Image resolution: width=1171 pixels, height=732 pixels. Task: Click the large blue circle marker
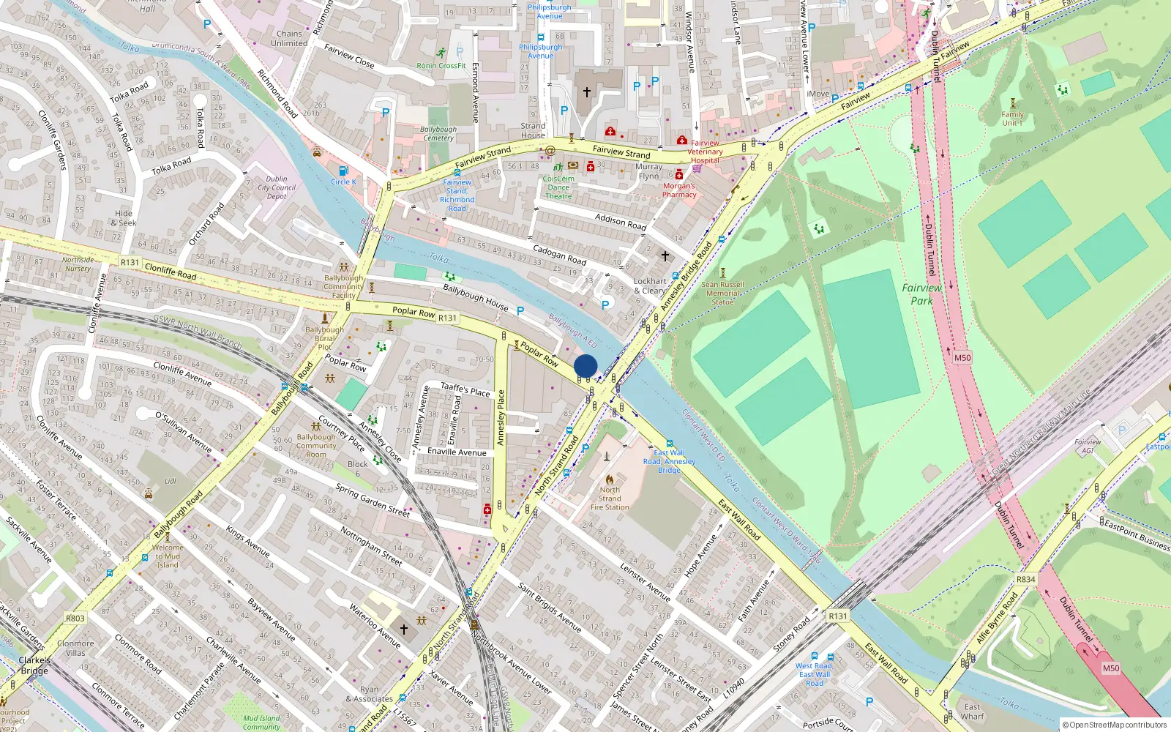(x=585, y=366)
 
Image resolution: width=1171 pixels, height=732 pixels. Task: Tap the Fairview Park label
(x=921, y=294)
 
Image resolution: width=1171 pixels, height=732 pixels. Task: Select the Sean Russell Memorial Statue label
(x=722, y=293)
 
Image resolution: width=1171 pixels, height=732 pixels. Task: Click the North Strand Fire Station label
(x=610, y=498)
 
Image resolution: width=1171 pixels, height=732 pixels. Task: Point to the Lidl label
(x=171, y=482)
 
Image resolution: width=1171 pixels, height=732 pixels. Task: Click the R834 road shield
(x=1025, y=579)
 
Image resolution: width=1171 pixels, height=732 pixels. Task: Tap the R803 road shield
(x=75, y=619)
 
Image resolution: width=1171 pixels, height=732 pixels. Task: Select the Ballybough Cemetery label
(x=438, y=133)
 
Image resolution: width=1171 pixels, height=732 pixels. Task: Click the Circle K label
(x=343, y=182)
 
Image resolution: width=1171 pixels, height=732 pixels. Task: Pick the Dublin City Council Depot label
(x=277, y=187)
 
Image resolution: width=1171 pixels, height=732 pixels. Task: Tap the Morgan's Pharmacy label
(x=679, y=190)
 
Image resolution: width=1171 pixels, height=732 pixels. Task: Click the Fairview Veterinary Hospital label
(x=705, y=152)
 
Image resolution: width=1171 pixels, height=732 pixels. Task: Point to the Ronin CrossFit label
(x=441, y=66)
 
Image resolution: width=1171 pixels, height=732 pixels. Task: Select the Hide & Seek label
(x=124, y=218)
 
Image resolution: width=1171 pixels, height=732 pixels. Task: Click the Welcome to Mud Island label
(x=168, y=556)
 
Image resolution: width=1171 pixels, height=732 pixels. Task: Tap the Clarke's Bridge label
(x=34, y=665)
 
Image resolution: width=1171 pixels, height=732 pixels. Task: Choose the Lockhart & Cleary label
(x=650, y=285)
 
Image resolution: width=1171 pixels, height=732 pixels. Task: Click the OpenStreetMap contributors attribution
(x=1114, y=725)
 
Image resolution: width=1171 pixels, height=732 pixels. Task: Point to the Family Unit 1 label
(x=1012, y=119)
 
